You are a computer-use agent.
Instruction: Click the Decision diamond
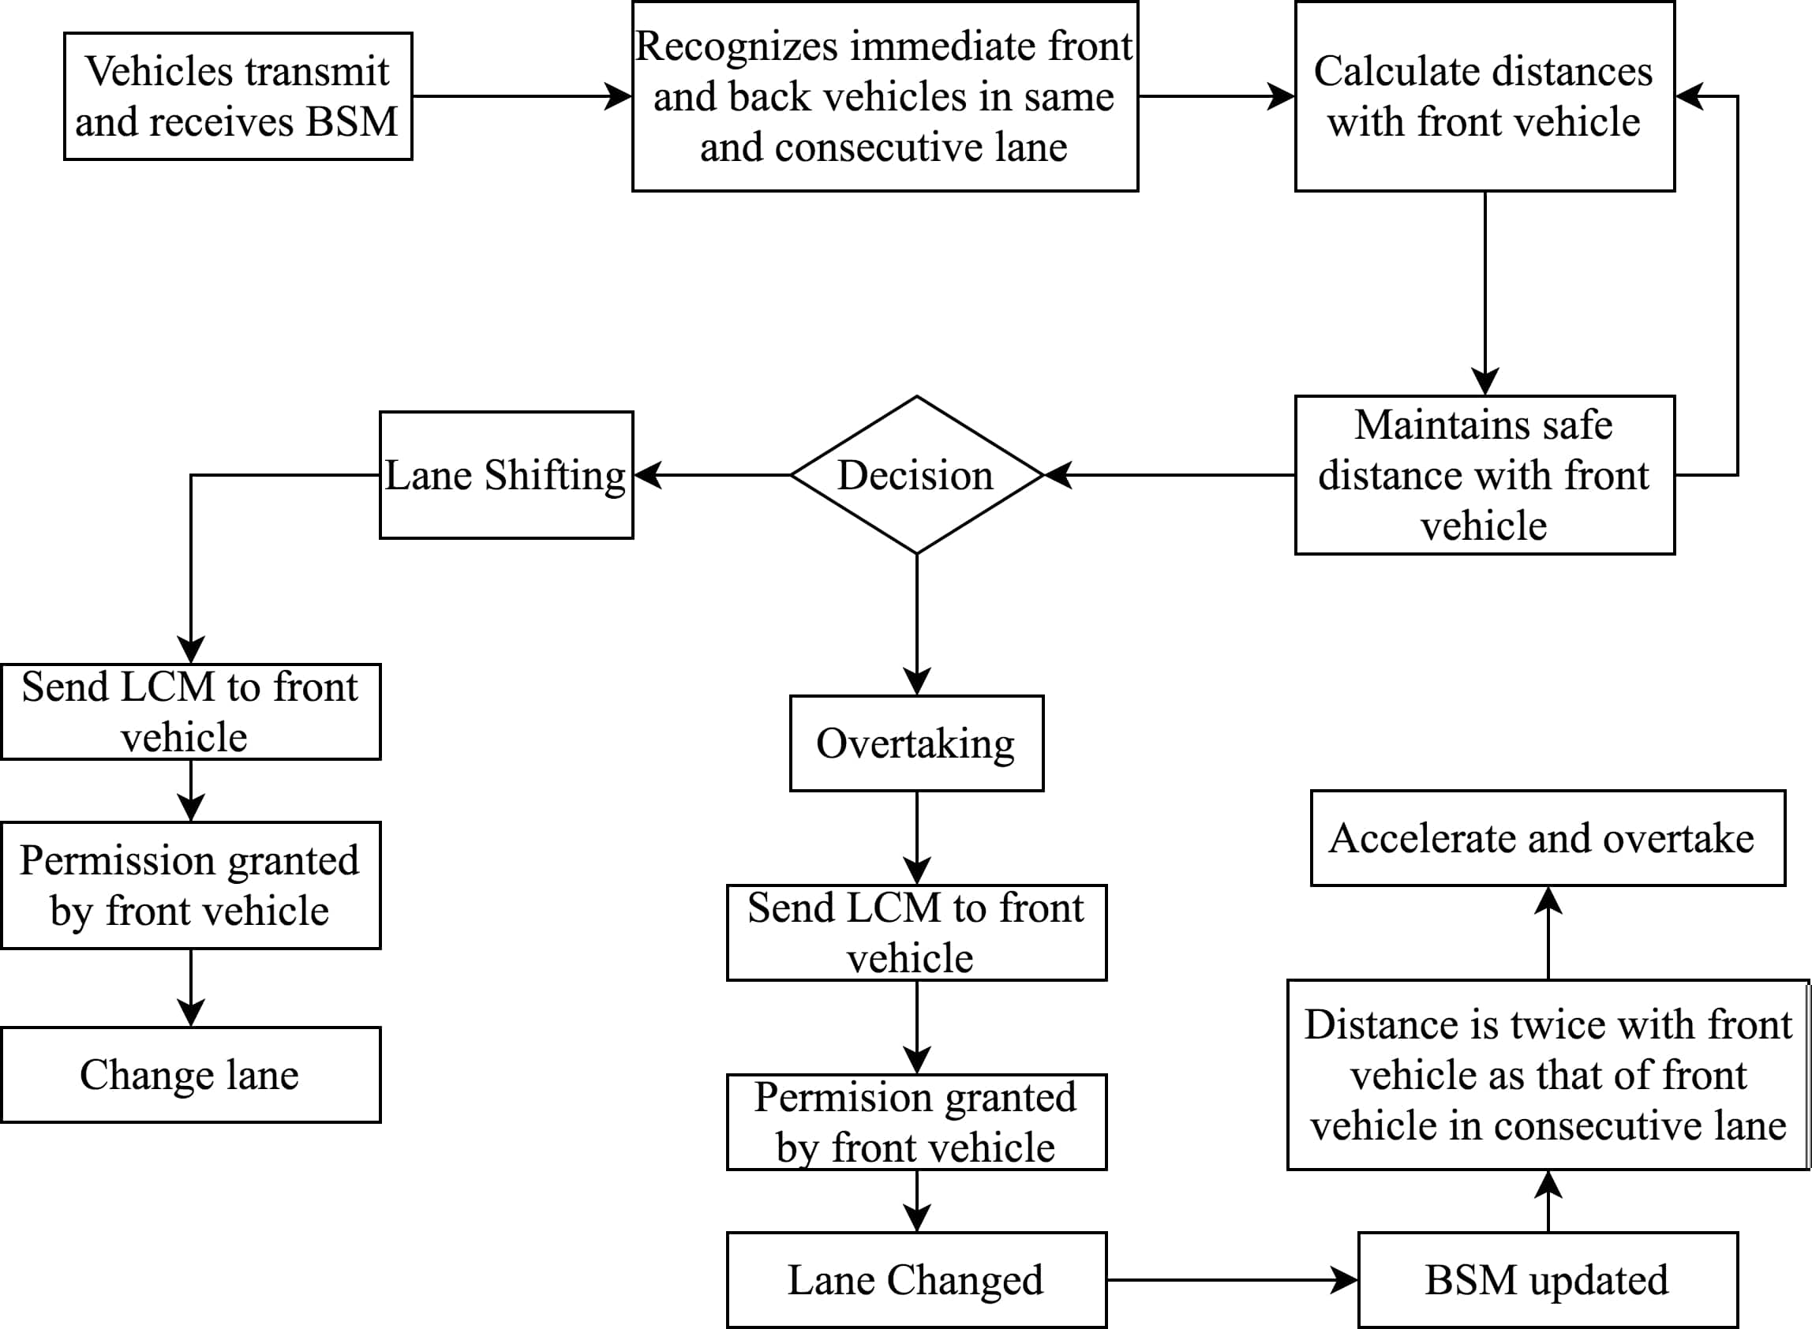(917, 474)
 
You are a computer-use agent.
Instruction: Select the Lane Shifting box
(507, 474)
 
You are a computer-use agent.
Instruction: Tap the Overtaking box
(917, 743)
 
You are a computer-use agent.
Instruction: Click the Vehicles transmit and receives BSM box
(238, 96)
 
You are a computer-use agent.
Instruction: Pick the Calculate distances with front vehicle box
(1484, 96)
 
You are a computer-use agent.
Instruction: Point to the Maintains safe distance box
(1484, 474)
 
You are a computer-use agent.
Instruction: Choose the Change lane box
(191, 1075)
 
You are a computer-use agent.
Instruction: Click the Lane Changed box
(917, 1280)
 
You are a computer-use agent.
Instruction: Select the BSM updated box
(1548, 1280)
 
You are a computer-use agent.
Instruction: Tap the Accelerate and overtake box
(1548, 838)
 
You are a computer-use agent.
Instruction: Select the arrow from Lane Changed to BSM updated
(1233, 1280)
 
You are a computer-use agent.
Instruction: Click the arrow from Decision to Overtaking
(917, 624)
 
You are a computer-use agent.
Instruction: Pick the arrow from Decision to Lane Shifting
(713, 474)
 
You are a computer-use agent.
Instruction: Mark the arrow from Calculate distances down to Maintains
(1484, 293)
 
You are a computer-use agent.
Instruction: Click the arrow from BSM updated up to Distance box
(1548, 1200)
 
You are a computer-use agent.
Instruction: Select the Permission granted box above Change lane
(191, 885)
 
